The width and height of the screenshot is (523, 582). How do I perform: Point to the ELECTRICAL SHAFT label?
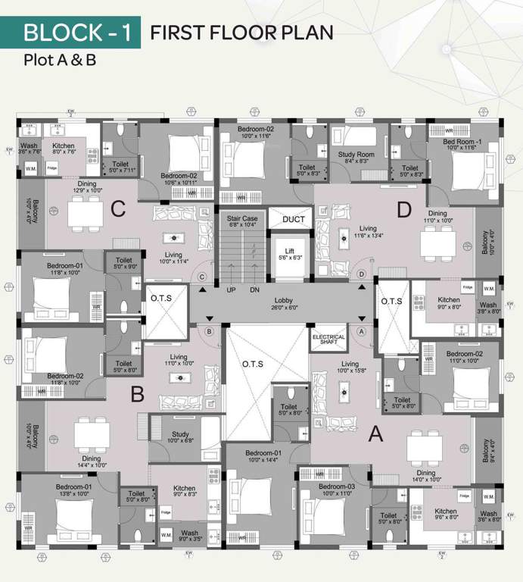328,339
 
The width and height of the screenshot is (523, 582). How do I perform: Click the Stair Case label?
243,221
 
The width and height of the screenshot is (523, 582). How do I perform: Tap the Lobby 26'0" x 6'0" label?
283,304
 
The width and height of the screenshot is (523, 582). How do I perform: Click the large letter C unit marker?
118,209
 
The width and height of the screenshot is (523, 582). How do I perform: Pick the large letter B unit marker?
137,394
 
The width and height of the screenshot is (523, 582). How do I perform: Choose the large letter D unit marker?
404,209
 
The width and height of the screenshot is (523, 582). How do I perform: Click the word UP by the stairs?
230,290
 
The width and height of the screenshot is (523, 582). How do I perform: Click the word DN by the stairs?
254,290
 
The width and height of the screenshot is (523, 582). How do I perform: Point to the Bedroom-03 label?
336,490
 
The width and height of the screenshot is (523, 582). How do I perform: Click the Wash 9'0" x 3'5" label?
190,537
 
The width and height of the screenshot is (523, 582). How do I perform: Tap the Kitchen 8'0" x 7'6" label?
64,148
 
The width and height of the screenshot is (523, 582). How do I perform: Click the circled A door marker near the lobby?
361,331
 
